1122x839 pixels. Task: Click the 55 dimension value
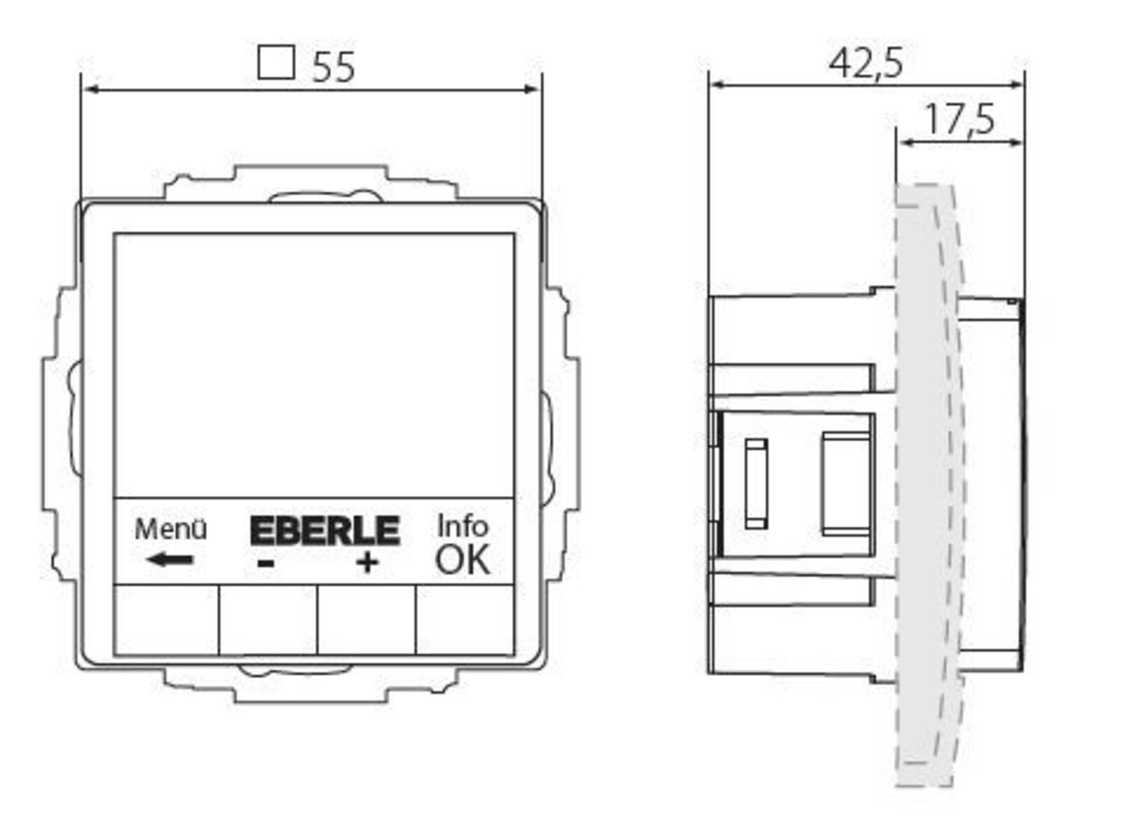333,67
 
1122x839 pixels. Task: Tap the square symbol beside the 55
275,63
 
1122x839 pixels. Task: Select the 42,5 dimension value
865,63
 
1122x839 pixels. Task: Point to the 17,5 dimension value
959,120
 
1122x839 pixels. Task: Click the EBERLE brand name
324,531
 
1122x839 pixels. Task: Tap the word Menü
171,529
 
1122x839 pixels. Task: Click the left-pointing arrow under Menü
170,559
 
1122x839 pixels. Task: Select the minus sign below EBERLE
266,563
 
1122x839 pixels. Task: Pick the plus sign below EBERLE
367,563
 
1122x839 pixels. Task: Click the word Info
462,526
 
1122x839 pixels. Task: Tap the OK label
462,560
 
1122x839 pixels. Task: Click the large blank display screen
314,365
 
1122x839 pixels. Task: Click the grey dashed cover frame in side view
926,482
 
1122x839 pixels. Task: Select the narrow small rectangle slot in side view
756,483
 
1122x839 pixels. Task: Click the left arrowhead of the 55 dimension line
89,89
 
